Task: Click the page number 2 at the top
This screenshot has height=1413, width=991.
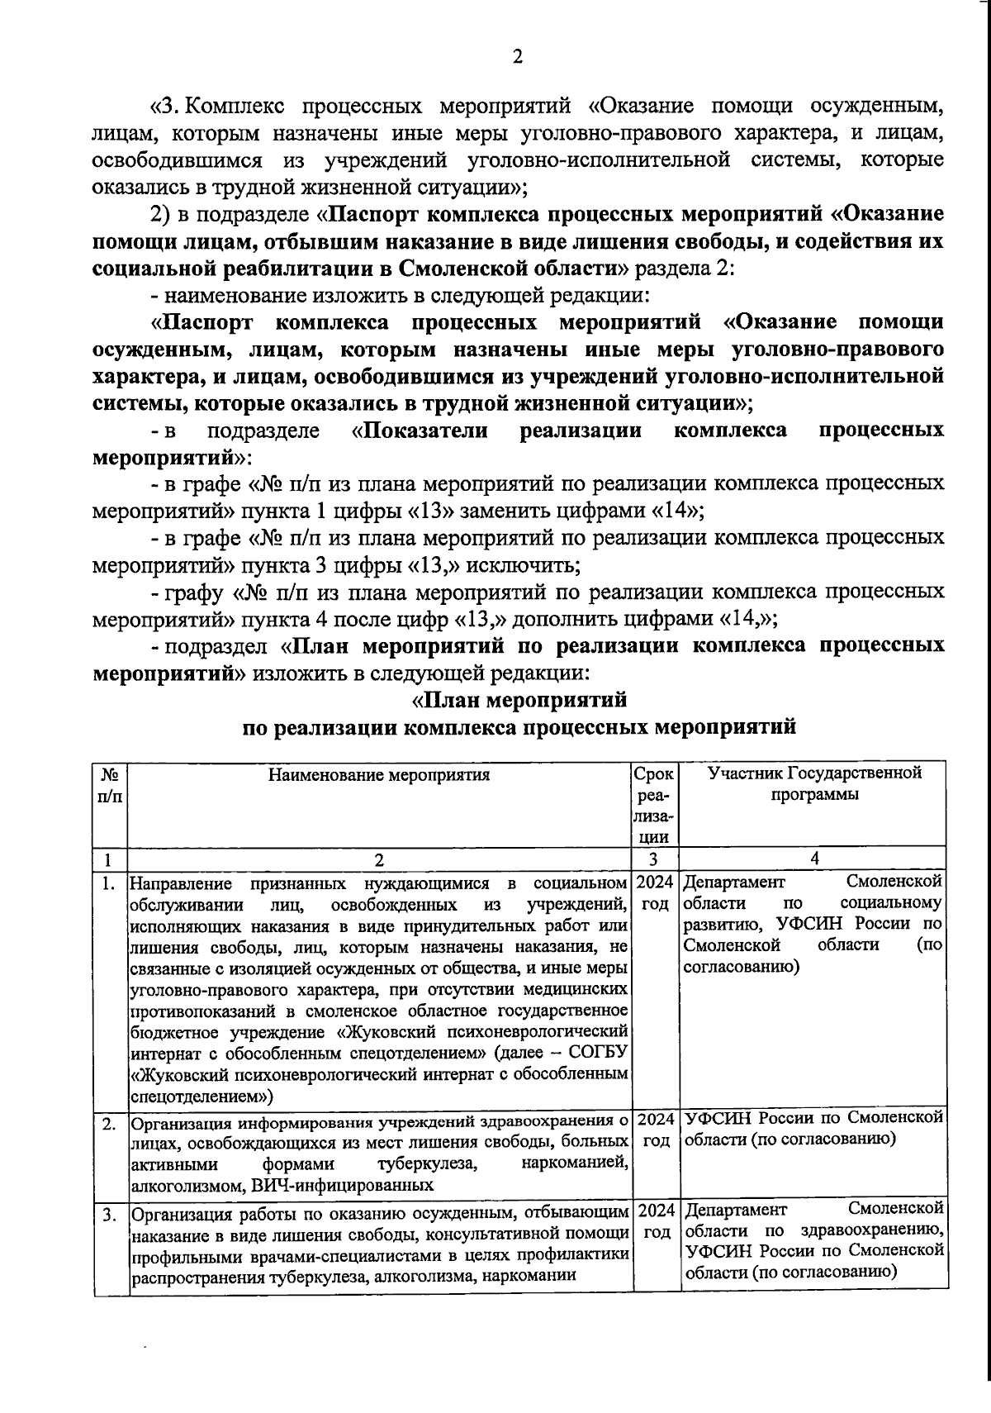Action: (x=518, y=56)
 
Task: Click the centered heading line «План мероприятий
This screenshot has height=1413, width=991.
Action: (x=519, y=701)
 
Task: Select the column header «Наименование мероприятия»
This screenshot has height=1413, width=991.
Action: (x=379, y=775)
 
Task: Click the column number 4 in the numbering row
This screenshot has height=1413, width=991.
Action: (x=814, y=859)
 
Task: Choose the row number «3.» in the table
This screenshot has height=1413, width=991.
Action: (x=108, y=1215)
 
